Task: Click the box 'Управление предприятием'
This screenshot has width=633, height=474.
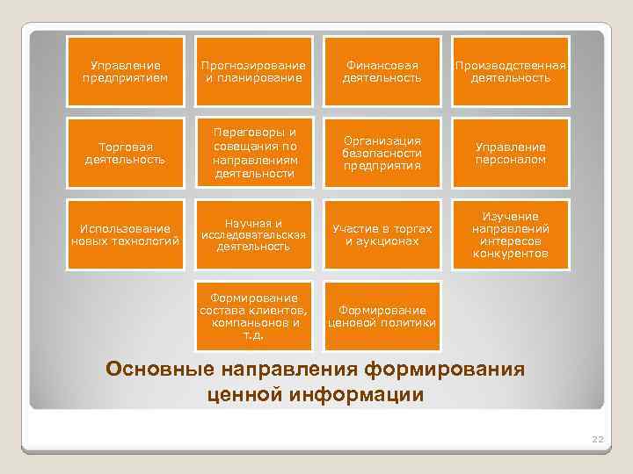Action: click(x=126, y=72)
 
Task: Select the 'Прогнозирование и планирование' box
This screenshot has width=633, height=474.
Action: click(x=253, y=72)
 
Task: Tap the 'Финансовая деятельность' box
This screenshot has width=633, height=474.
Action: click(x=382, y=72)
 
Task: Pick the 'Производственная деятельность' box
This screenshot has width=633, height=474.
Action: click(x=511, y=72)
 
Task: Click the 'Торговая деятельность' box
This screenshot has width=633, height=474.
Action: click(x=126, y=154)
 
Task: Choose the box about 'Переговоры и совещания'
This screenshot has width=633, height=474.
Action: click(x=253, y=154)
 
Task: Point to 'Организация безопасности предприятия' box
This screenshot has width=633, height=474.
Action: click(x=382, y=154)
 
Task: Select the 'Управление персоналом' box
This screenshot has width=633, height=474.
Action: click(x=511, y=154)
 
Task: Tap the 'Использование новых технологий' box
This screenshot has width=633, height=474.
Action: click(x=126, y=234)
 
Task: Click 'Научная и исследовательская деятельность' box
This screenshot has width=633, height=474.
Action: click(x=253, y=234)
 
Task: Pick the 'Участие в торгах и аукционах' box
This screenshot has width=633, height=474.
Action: click(x=382, y=234)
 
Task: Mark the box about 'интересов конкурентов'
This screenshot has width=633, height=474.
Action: click(x=511, y=234)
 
